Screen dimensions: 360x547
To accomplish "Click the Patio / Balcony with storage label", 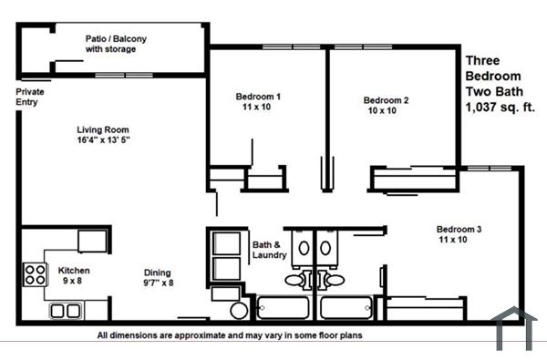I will click(x=116, y=44).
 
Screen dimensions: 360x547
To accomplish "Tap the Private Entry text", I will click(x=30, y=98).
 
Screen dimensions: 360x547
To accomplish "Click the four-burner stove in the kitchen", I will click(x=35, y=274).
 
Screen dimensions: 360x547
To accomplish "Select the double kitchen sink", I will click(x=65, y=311).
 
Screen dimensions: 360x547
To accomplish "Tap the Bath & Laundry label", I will click(x=270, y=250).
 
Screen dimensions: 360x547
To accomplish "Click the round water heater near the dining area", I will click(x=239, y=311).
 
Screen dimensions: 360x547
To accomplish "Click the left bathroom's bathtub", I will click(x=284, y=307).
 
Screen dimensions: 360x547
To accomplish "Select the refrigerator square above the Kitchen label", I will click(x=93, y=240).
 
